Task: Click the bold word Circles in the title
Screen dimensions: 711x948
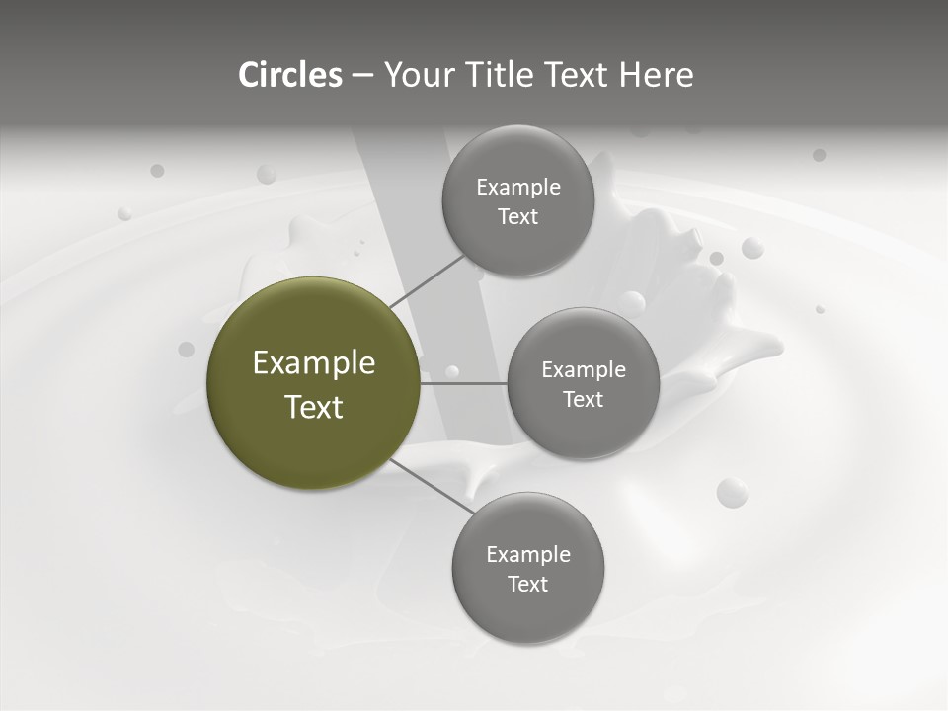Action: click(289, 75)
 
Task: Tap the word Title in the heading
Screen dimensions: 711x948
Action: click(496, 75)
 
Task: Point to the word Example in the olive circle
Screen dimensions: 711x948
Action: click(314, 363)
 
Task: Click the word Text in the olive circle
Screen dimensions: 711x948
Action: click(314, 407)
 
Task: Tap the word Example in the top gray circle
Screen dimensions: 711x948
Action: click(517, 188)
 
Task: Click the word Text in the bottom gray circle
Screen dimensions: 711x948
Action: click(527, 584)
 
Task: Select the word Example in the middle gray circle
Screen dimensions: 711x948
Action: click(583, 370)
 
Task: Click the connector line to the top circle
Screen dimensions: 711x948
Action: click(427, 280)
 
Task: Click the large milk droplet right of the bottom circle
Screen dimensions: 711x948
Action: click(732, 492)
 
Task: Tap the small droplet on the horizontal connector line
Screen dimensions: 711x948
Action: click(452, 372)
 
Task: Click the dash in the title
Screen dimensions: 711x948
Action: click(361, 75)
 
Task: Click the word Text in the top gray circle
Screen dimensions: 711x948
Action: click(517, 217)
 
